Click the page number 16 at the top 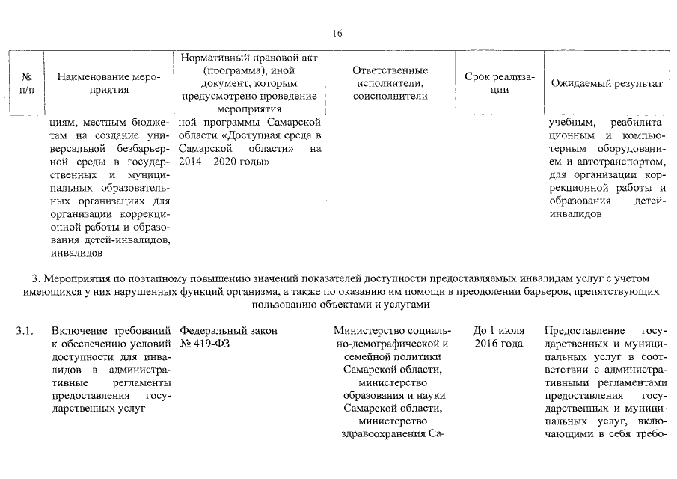click(x=337, y=34)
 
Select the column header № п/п click(x=26, y=83)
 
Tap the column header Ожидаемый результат click(x=607, y=83)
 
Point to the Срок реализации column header click(x=500, y=83)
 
